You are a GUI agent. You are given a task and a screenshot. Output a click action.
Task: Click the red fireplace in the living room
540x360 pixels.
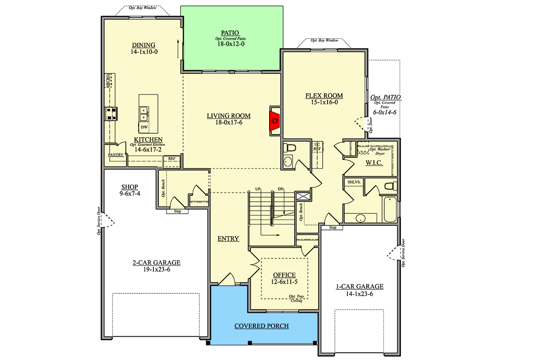coord(274,121)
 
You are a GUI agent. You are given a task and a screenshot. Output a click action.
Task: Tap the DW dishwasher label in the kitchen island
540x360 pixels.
coord(144,127)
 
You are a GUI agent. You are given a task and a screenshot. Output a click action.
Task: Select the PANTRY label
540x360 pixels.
coord(116,155)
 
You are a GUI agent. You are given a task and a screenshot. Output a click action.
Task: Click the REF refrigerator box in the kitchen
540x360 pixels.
coord(171,162)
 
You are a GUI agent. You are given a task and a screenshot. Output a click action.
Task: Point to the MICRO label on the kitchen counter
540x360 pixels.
coord(108,81)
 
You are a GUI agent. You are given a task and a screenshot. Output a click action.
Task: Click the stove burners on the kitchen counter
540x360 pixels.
coord(111,114)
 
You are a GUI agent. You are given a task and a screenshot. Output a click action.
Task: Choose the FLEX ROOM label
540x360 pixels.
coord(324,96)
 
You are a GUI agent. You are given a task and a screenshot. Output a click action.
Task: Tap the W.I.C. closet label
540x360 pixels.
coord(374,163)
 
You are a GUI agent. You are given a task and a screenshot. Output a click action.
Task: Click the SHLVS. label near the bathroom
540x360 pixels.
coord(354,182)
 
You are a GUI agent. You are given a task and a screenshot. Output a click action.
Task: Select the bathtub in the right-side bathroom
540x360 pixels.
coord(390,209)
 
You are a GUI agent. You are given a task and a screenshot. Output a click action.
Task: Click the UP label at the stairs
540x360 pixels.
coord(258,189)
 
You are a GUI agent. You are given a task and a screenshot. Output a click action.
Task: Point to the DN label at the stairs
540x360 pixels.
coord(281,189)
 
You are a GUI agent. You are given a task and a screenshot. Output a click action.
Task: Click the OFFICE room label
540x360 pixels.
coord(284,275)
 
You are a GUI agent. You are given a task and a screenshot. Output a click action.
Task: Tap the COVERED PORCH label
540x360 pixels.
coord(261,326)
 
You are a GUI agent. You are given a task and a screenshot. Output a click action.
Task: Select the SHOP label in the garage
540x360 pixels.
coord(130,187)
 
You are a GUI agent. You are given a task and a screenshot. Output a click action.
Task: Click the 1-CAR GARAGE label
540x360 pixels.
coord(360,287)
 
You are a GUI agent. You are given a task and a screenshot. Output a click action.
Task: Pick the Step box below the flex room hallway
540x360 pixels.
coord(333,227)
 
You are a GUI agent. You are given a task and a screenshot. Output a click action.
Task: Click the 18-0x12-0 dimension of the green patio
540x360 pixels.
coord(231,44)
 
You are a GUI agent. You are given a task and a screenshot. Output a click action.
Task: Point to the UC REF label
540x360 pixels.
coord(317,147)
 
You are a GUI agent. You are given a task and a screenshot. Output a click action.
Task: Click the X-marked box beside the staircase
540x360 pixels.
coord(303,196)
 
